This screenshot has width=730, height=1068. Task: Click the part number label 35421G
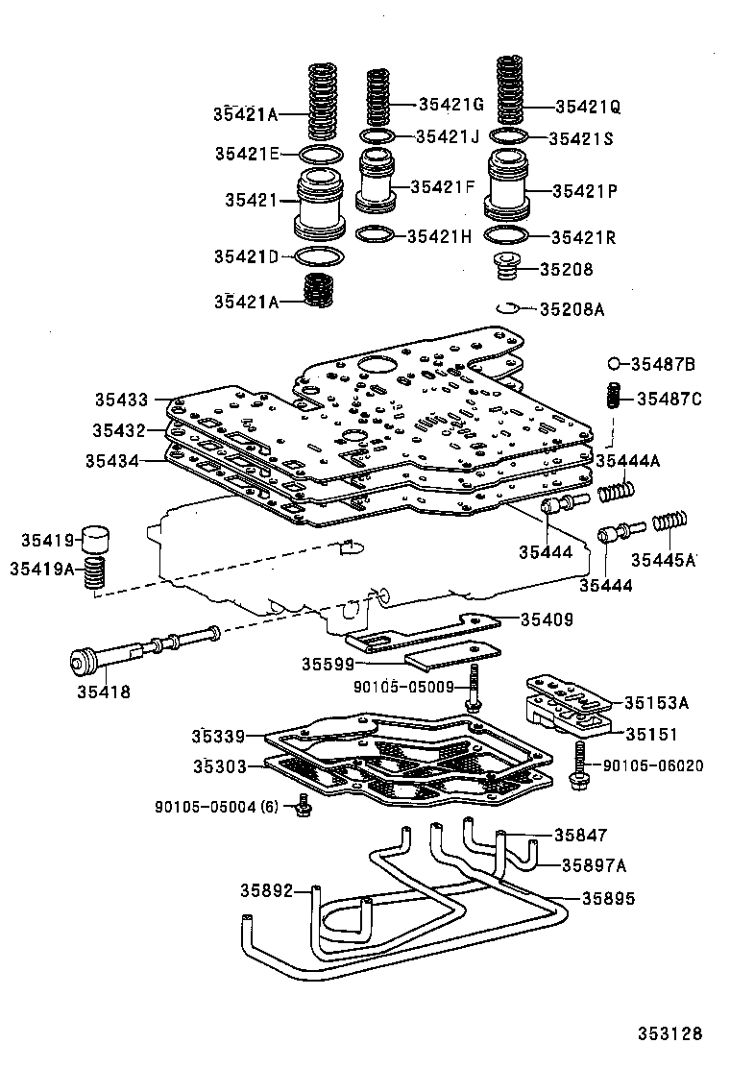(x=450, y=104)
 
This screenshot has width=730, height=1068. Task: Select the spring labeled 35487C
(x=612, y=397)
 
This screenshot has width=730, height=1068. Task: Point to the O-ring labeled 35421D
(x=317, y=256)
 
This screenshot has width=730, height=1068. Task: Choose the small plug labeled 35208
(x=507, y=267)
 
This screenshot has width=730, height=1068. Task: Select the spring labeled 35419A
(x=94, y=574)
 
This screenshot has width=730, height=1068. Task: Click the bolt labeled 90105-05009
(x=474, y=693)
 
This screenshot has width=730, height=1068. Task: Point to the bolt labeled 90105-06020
(x=580, y=764)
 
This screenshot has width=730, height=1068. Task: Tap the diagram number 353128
(x=670, y=1033)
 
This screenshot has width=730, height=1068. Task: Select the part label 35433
(x=121, y=399)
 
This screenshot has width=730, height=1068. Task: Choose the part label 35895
(x=607, y=899)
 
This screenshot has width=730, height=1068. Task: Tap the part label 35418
(x=103, y=691)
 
